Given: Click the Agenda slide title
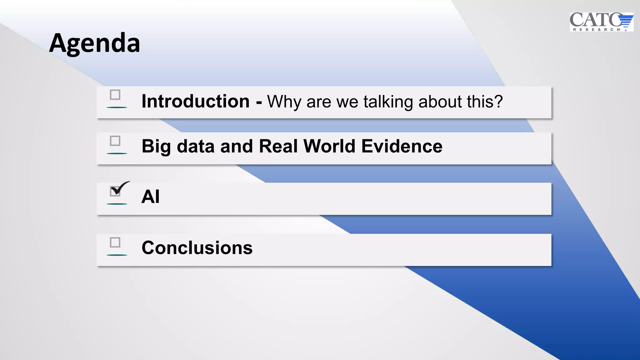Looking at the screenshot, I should pos(94,43).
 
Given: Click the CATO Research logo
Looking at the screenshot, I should pos(601,22).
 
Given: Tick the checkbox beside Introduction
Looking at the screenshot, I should pos(115,95).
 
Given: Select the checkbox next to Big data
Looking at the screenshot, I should pos(115,141).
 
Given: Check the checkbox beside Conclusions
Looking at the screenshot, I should pos(115,242).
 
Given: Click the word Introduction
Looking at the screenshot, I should pos(195,102).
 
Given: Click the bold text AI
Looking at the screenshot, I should pos(150,197).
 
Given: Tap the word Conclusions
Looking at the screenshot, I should pos(197,248).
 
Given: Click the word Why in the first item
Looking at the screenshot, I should pos(284,102).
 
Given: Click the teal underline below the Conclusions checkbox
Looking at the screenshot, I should pos(117,255).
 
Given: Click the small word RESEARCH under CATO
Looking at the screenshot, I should pos(597,29).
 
